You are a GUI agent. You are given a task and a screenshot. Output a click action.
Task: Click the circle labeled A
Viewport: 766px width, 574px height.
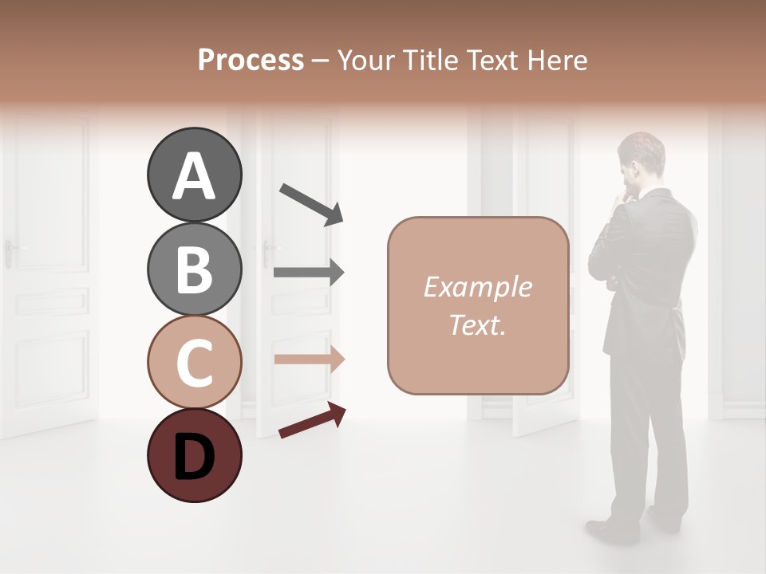[x=194, y=175]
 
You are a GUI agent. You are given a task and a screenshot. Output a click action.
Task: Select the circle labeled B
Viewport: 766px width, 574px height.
[x=194, y=269]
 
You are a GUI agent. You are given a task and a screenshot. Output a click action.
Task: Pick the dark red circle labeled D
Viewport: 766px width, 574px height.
[x=194, y=455]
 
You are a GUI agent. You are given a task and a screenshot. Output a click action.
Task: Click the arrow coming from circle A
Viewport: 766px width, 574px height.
[x=311, y=203]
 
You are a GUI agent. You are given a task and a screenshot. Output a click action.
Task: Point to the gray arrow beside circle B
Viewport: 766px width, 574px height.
[x=309, y=273]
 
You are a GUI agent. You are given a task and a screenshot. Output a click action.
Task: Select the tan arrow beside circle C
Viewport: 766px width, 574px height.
[x=309, y=360]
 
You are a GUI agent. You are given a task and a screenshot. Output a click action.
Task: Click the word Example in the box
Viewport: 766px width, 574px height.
[x=477, y=287]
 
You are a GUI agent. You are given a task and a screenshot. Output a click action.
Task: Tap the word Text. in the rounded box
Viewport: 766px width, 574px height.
[x=477, y=325]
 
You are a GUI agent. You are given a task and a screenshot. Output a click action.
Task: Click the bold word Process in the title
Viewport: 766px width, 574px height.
[x=251, y=60]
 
